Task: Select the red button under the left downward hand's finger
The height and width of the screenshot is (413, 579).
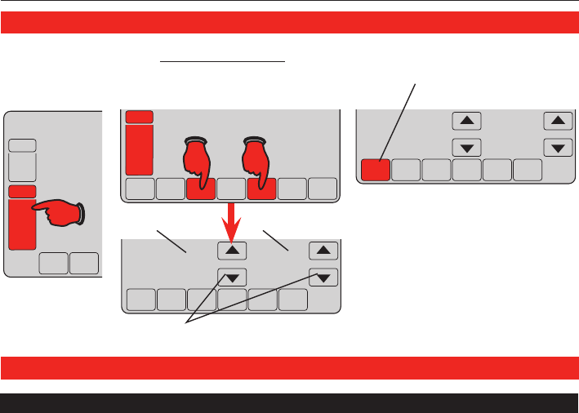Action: [200, 189]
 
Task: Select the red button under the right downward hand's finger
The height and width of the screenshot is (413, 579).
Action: [262, 189]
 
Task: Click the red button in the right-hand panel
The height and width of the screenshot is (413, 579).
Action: [376, 169]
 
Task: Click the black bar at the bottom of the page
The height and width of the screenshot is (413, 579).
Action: [289, 403]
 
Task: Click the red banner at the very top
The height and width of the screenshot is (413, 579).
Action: [289, 23]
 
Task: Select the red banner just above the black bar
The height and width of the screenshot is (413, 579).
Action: [289, 368]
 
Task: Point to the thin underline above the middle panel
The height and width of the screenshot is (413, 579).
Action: [222, 60]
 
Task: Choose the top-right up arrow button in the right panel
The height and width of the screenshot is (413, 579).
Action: [557, 121]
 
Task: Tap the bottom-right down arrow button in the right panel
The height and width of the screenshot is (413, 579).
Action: [557, 148]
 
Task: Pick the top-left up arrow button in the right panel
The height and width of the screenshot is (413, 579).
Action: [466, 121]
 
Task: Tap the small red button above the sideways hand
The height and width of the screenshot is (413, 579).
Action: [22, 191]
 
